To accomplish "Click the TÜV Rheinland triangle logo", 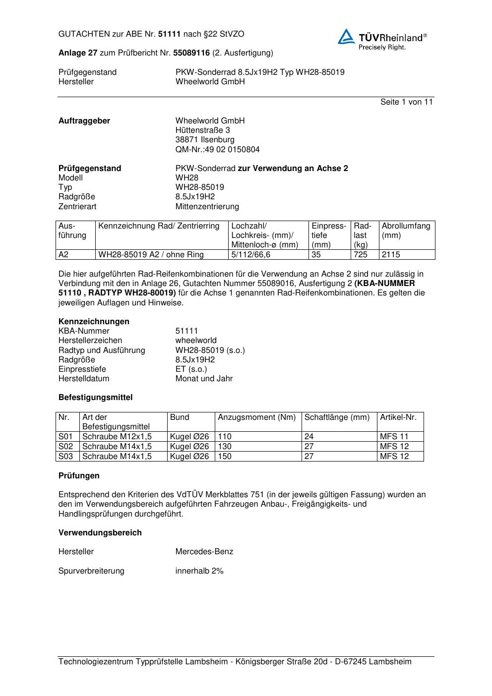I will (346, 37).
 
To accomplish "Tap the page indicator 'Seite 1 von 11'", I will (406, 102).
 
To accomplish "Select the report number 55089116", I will (191, 53).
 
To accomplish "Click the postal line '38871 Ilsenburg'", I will (205, 140).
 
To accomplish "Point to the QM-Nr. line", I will (217, 150).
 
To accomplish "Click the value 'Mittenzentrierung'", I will (207, 207).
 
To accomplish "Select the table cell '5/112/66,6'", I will (251, 255).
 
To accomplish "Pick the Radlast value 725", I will (361, 255).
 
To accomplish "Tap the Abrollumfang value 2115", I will (391, 255).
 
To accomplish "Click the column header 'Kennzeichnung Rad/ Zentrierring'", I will (159, 226).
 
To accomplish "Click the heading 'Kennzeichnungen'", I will (94, 322).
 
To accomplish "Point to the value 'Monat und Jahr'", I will (204, 379).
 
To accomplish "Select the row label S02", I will (65, 447).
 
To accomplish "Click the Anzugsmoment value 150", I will (225, 457).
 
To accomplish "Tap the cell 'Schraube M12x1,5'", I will (117, 437).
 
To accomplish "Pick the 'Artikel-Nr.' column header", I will (398, 417).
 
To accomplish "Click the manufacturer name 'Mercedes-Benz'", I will (204, 552).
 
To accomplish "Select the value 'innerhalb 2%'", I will (199, 571).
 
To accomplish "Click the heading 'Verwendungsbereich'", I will (100, 533).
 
